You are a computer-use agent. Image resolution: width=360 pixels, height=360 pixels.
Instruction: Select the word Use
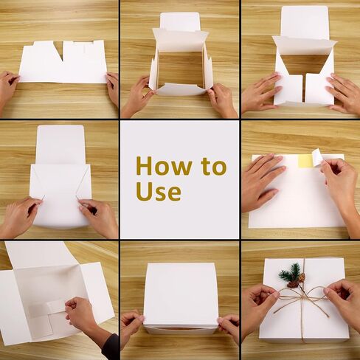pos(158,191)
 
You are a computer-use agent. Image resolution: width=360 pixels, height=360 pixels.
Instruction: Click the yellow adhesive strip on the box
pos(305,161)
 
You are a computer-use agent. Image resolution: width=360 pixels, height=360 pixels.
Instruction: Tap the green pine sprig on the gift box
pos(289,272)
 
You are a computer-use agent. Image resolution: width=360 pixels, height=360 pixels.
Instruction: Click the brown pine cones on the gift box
pos(297,281)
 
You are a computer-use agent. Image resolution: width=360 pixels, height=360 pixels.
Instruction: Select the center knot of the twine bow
pos(301,294)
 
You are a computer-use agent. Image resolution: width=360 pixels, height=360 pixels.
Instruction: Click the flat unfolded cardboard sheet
pos(63,63)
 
